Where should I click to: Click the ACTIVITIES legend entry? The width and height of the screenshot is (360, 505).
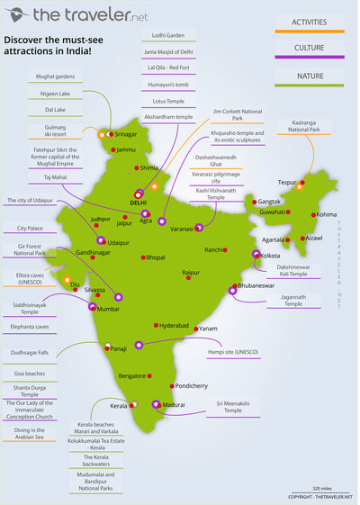[319, 22]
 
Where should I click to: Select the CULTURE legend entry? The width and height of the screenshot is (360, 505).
[319, 48]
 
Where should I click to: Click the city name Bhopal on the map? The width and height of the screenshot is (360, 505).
[155, 257]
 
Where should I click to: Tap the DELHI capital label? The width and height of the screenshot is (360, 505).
[139, 203]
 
